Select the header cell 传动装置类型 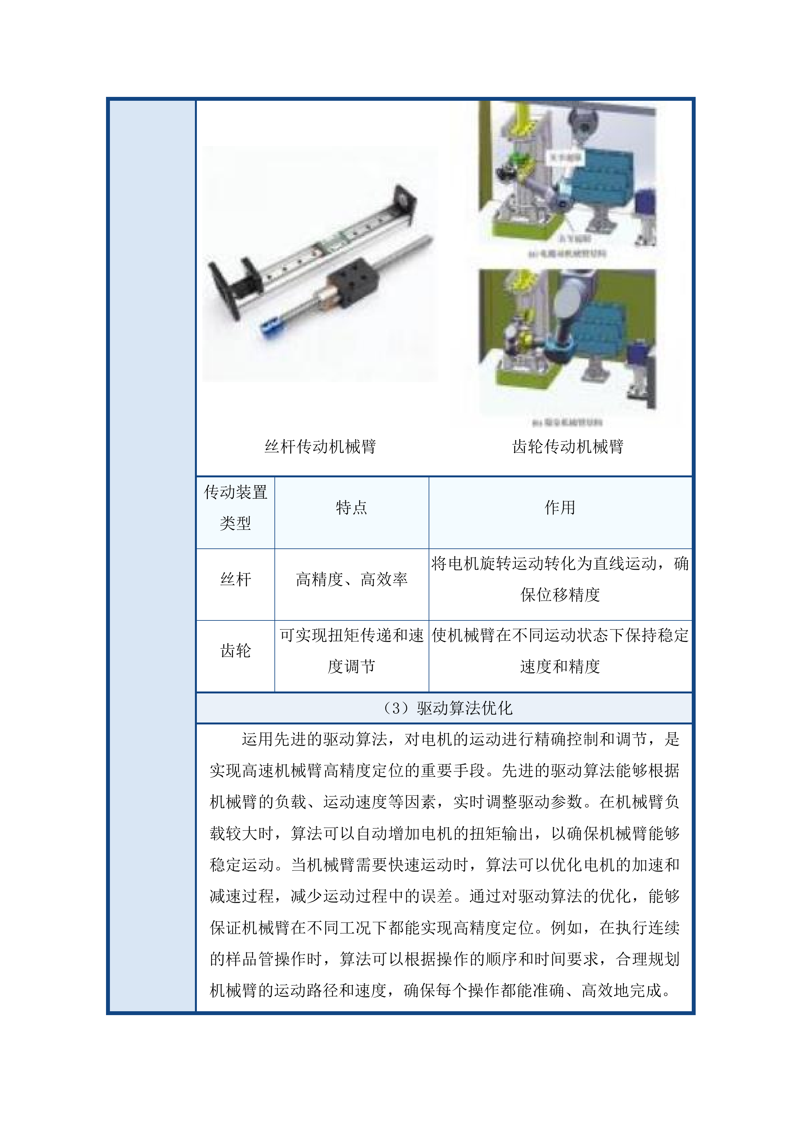click(x=236, y=507)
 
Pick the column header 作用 click(x=560, y=507)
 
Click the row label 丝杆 click(x=236, y=579)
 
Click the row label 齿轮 click(x=236, y=650)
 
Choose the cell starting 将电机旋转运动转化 click(x=560, y=579)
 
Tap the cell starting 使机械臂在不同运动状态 click(x=560, y=650)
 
